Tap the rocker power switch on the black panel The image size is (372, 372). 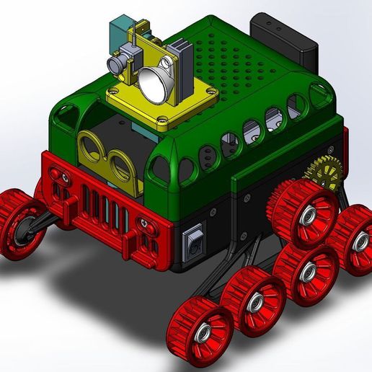[x=192, y=243]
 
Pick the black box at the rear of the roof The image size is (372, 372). [x=285, y=39]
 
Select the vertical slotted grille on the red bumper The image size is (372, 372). [x=101, y=207]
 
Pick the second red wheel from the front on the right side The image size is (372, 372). [x=253, y=302]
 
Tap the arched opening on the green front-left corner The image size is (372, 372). [x=66, y=112]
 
